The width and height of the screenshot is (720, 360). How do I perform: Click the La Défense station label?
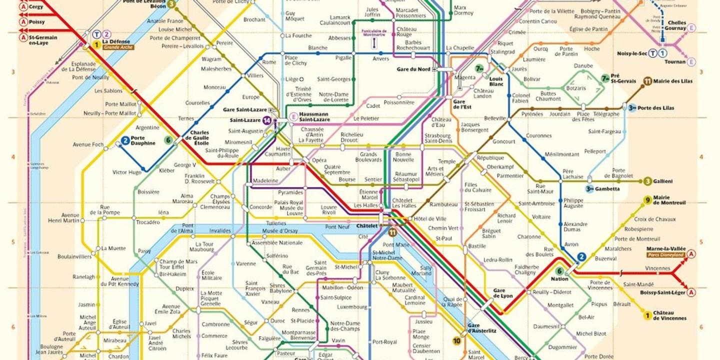pyautogui.click(x=115, y=41)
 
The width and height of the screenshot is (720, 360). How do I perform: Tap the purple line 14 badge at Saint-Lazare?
pyautogui.click(x=267, y=120)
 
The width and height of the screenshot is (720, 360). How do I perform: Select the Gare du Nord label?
pyautogui.click(x=413, y=69)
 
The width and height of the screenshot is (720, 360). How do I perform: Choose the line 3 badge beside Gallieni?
pyautogui.click(x=648, y=181)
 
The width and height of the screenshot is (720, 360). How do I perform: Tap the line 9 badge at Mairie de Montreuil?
pyautogui.click(x=647, y=200)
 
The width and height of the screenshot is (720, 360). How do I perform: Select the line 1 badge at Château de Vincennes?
pyautogui.click(x=647, y=315)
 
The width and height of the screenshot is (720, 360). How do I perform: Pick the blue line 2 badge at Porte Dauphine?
pyautogui.click(x=125, y=140)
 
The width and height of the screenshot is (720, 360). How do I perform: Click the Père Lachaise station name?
pyautogui.click(x=572, y=173)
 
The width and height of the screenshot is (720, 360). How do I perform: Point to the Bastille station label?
pyautogui.click(x=477, y=246)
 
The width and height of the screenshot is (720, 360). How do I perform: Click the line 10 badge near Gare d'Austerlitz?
pyautogui.click(x=456, y=341)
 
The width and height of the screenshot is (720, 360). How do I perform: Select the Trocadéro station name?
pyautogui.click(x=148, y=222)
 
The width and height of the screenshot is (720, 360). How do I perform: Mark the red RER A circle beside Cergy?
pyautogui.click(x=23, y=7)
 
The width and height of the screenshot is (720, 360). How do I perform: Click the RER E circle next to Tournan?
pyautogui.click(x=691, y=62)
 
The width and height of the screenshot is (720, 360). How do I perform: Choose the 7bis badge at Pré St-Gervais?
pyautogui.click(x=605, y=77)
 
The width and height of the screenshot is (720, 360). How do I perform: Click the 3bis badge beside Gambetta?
pyautogui.click(x=591, y=188)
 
